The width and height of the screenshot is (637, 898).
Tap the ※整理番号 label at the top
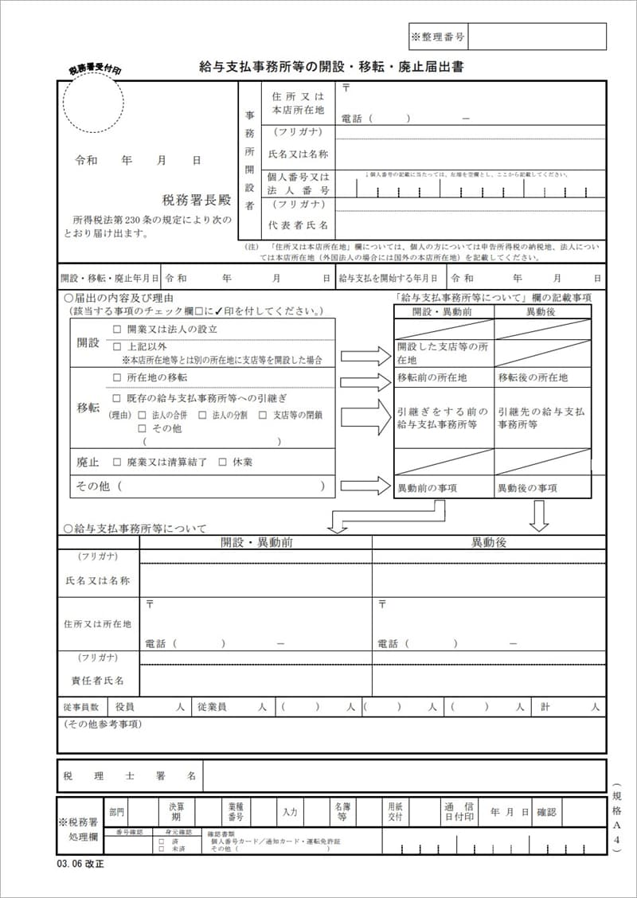(x=438, y=37)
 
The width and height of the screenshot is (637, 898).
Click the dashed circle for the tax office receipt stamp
(x=93, y=103)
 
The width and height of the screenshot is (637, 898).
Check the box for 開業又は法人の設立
(x=117, y=329)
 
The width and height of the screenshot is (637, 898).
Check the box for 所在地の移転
(x=117, y=377)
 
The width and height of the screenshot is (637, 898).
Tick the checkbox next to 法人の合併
(x=142, y=415)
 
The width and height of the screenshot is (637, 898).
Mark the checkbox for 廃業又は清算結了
(x=117, y=462)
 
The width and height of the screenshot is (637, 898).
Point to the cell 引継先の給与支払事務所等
(x=541, y=418)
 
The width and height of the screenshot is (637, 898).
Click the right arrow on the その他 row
(x=365, y=485)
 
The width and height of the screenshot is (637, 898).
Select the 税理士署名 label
(x=130, y=775)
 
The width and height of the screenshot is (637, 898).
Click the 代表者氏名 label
(x=299, y=224)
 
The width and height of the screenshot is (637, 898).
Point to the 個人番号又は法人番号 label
(x=299, y=184)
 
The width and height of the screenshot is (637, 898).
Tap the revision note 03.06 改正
(x=80, y=863)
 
